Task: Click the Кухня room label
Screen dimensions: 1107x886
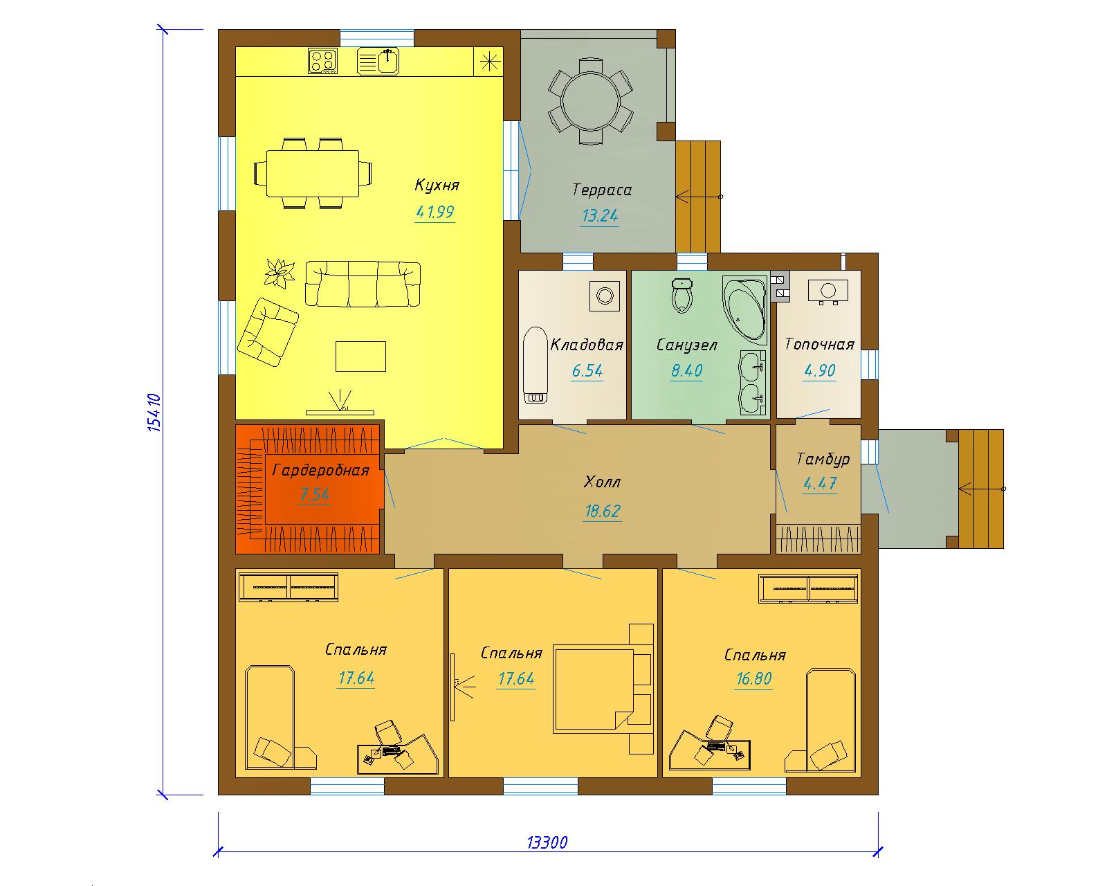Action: click(x=437, y=185)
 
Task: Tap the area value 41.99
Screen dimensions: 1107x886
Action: click(x=434, y=212)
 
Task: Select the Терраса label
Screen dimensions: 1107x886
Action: click(x=602, y=190)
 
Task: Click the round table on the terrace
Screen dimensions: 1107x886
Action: click(x=591, y=101)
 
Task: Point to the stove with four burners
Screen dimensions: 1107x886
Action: click(x=323, y=61)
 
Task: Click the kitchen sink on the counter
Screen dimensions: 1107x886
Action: click(x=378, y=61)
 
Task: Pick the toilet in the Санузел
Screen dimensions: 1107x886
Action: click(x=682, y=296)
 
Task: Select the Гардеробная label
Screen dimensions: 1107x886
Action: click(x=321, y=469)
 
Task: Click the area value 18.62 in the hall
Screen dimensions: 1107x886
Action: click(x=603, y=511)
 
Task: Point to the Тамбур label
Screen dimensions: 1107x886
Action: click(x=823, y=458)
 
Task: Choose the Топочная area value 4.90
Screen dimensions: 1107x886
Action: click(x=819, y=370)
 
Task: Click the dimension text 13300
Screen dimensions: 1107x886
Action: click(x=547, y=842)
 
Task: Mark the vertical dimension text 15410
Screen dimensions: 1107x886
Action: click(x=154, y=413)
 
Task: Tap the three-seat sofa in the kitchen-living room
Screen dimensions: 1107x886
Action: click(x=363, y=284)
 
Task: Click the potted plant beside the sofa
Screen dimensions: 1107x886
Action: click(x=280, y=273)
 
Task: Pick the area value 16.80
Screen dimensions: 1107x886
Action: click(x=753, y=678)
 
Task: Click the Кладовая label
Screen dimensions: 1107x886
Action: click(x=587, y=345)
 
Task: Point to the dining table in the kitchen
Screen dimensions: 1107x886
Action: click(x=313, y=174)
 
